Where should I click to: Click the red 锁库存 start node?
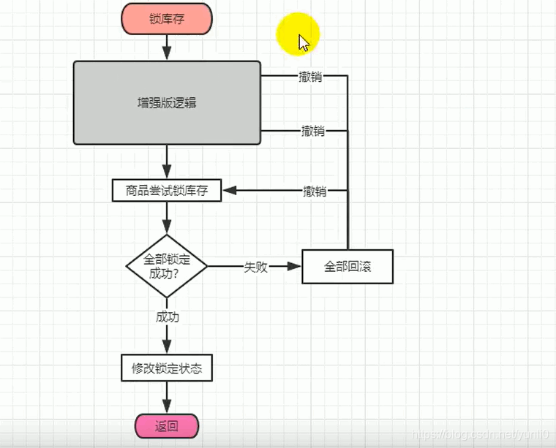click(167, 18)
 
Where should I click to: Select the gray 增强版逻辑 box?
click(167, 102)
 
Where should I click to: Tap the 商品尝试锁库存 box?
click(167, 191)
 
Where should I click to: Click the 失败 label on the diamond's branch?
click(255, 267)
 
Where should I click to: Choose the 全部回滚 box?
click(347, 267)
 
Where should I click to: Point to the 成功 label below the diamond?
click(167, 317)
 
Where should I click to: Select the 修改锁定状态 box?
click(167, 368)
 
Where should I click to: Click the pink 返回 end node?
click(167, 426)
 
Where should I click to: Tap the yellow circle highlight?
click(298, 34)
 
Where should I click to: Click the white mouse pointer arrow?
click(304, 43)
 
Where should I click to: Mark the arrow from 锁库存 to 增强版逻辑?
click(167, 48)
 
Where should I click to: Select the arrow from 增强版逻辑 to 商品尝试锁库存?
click(167, 161)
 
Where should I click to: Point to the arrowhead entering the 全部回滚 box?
click(296, 267)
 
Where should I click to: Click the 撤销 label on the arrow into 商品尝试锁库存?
click(315, 191)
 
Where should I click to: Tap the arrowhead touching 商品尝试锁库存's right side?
click(228, 191)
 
